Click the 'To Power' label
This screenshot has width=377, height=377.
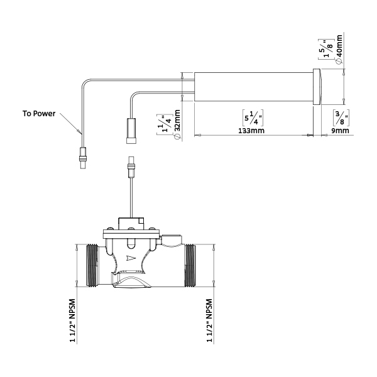(x=39, y=114)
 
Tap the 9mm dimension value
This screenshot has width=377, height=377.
(x=339, y=131)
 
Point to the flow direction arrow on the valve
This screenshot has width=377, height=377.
(x=130, y=258)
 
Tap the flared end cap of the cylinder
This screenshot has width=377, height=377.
(x=317, y=87)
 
